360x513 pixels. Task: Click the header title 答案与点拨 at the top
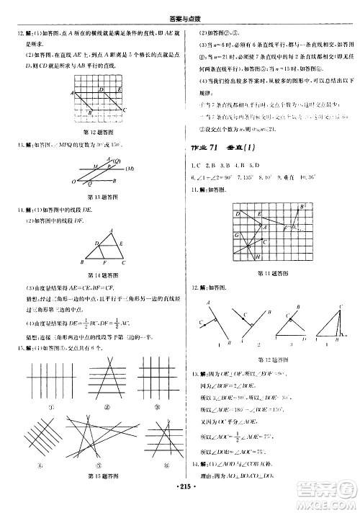click(181, 6)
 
